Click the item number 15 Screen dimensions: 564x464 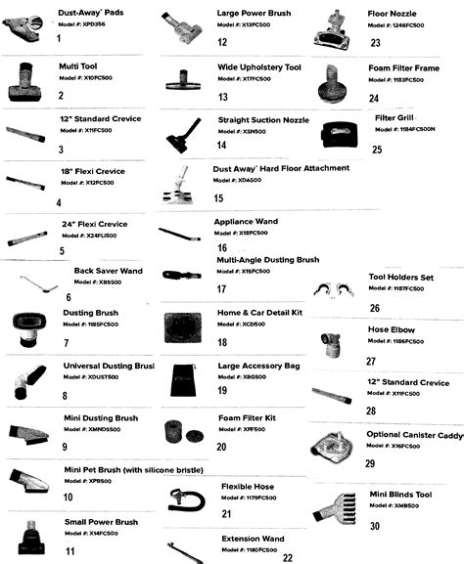coord(218,197)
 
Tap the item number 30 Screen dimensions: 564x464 coord(375,526)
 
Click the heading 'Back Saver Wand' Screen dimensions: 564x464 coord(109,270)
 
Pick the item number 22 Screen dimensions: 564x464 coord(287,558)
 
